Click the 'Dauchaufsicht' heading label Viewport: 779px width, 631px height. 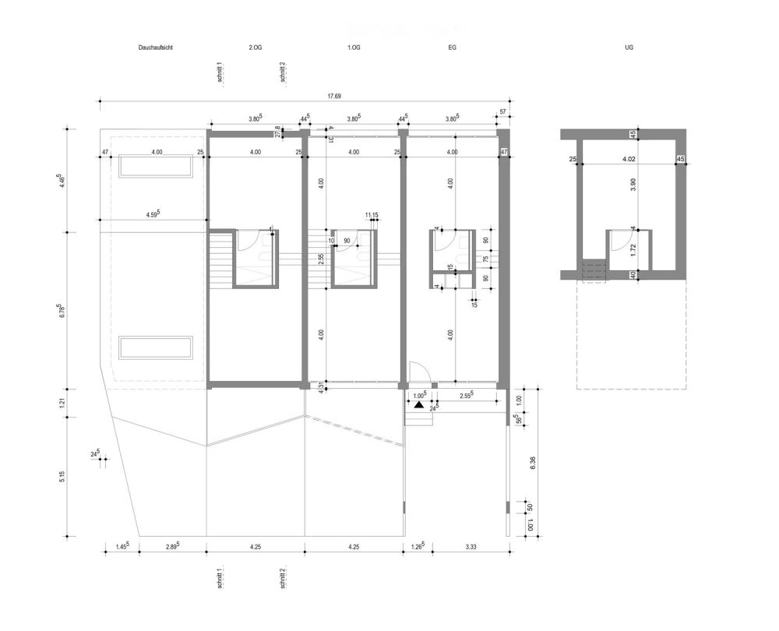156,48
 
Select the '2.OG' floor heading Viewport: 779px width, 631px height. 256,48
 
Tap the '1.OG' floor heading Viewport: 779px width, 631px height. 354,48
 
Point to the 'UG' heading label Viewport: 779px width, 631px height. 629,48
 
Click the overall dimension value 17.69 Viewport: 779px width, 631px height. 334,96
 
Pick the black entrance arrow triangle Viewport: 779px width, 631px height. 419,405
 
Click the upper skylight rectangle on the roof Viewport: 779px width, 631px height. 155,167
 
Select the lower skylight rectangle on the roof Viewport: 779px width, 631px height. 155,347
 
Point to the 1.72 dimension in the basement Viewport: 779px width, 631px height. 633,250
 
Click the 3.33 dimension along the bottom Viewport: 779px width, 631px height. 470,547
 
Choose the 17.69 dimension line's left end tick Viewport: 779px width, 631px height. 99,101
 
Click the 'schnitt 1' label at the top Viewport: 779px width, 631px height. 220,72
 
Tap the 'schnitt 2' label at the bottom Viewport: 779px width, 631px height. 282,578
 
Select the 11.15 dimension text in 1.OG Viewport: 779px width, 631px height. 372,214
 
